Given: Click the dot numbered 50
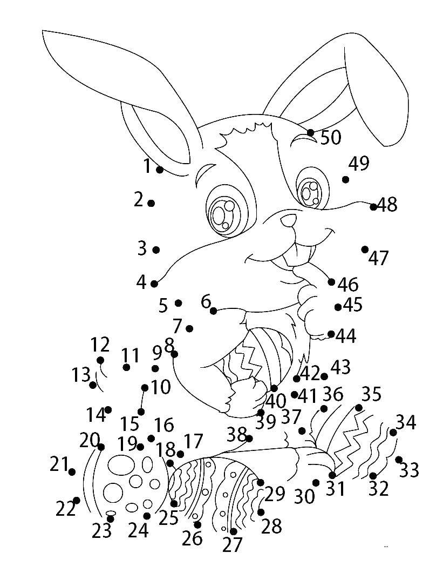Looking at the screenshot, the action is click(310, 132).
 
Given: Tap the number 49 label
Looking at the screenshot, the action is click(359, 163).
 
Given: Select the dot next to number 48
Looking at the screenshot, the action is click(373, 207).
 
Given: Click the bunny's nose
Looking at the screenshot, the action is click(289, 220).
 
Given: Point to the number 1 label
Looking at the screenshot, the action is click(147, 166).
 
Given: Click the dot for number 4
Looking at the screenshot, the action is click(154, 284).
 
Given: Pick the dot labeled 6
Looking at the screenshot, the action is click(214, 311).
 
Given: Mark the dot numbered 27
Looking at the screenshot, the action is click(233, 531).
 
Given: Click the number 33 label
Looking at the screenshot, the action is click(408, 470).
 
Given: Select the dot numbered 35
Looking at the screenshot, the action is click(359, 407).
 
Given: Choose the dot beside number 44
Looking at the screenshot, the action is click(331, 334).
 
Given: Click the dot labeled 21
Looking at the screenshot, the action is click(72, 472).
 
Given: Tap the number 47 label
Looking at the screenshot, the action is click(378, 258).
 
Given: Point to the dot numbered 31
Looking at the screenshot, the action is click(332, 475).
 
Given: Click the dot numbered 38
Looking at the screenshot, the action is click(249, 438).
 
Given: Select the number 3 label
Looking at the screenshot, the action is click(142, 248).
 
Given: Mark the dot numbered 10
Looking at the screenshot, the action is click(145, 387).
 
